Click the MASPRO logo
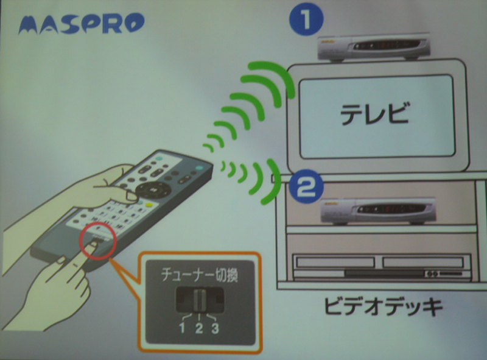(x=82, y=24)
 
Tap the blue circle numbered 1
(x=306, y=19)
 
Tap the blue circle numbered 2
(x=306, y=186)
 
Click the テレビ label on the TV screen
(x=374, y=114)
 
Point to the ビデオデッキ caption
(x=383, y=306)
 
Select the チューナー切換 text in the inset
(x=200, y=275)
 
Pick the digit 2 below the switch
(x=199, y=328)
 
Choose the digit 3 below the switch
(x=215, y=328)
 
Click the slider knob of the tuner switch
(x=199, y=300)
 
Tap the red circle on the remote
(x=98, y=241)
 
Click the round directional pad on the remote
(x=153, y=189)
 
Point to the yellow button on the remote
(x=149, y=205)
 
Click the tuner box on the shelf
(x=378, y=211)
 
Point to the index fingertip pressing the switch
(x=91, y=247)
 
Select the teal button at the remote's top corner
(x=199, y=168)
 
